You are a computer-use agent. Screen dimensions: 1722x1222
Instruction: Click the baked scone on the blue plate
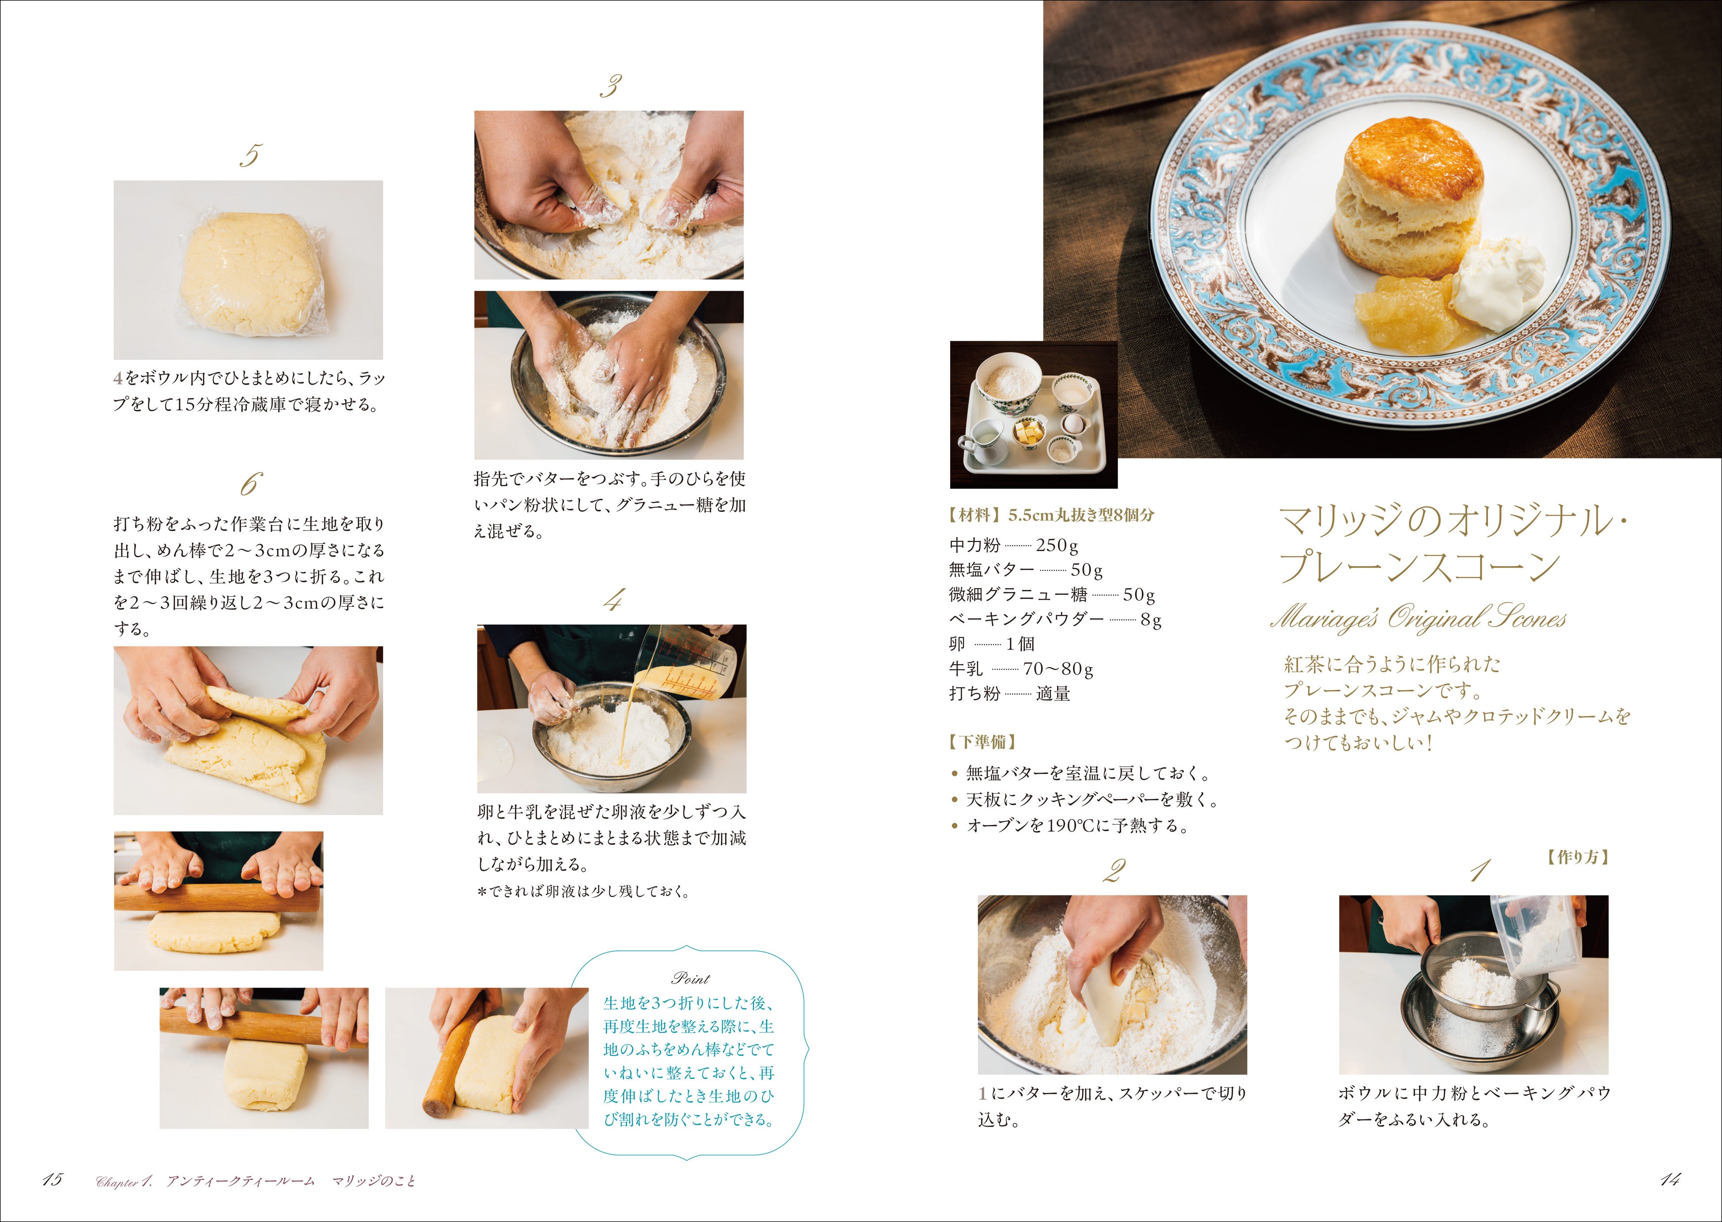click(x=1409, y=198)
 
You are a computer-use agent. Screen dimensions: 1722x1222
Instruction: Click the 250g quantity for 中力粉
click(x=1057, y=545)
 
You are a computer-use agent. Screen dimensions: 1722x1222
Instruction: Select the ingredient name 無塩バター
click(x=992, y=570)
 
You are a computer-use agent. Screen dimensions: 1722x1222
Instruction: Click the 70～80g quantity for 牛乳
click(x=1058, y=669)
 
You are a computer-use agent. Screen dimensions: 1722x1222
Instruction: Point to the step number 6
click(x=250, y=484)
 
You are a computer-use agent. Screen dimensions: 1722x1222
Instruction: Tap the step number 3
click(x=610, y=86)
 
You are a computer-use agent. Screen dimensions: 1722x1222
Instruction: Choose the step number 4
click(x=613, y=600)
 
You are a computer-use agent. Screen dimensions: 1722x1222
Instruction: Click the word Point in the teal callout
click(x=690, y=978)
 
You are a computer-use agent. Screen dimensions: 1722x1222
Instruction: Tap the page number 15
click(x=53, y=1179)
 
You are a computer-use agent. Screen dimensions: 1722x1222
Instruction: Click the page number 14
click(x=1669, y=1179)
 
